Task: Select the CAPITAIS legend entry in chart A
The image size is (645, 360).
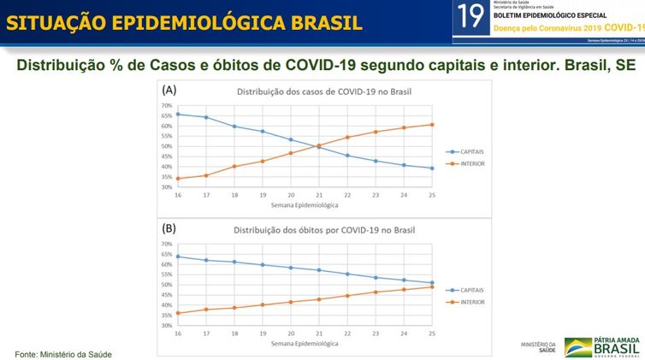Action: (466, 151)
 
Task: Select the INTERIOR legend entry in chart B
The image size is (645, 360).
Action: (466, 301)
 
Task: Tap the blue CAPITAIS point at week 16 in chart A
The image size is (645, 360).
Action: (177, 114)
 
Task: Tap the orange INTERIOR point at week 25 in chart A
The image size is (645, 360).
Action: (432, 125)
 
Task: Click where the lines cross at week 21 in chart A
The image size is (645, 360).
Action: (318, 146)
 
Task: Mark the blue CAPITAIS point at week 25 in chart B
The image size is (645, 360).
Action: (432, 283)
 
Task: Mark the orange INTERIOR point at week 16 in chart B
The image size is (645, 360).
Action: (177, 313)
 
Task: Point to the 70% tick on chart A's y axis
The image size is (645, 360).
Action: (166, 106)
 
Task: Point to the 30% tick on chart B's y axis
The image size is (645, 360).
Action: (166, 326)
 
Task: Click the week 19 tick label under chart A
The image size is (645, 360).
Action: (262, 195)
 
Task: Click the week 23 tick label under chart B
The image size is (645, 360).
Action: (376, 333)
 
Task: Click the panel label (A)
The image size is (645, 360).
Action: (170, 90)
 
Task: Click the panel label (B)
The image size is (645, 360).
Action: (170, 229)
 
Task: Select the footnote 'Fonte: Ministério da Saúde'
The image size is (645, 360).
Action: (63, 353)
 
